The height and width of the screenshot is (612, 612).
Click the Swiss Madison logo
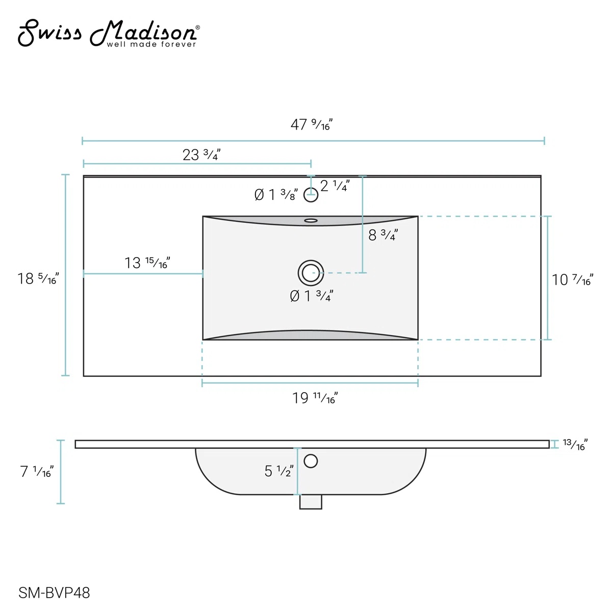click(x=109, y=33)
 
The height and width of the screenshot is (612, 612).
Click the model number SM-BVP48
click(x=54, y=593)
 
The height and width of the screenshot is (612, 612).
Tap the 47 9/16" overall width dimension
click(x=311, y=124)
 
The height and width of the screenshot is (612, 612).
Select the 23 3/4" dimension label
click(x=201, y=155)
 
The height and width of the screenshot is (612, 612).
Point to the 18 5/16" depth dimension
click(x=38, y=278)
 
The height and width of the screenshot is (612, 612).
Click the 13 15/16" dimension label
click(x=147, y=263)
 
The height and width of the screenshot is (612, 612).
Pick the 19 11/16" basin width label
click(x=315, y=398)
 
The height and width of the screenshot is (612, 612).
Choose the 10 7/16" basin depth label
click(x=572, y=279)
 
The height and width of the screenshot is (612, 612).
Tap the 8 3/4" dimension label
click(x=383, y=235)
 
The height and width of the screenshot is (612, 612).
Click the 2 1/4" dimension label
click(x=335, y=186)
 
